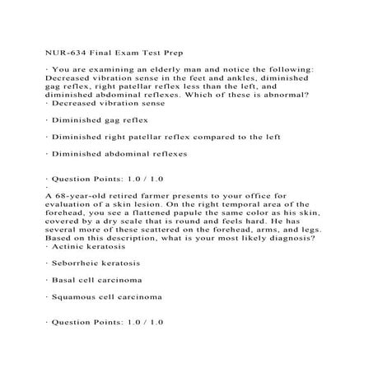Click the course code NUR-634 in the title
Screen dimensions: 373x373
62,46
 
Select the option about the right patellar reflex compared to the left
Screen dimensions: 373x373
149,137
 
